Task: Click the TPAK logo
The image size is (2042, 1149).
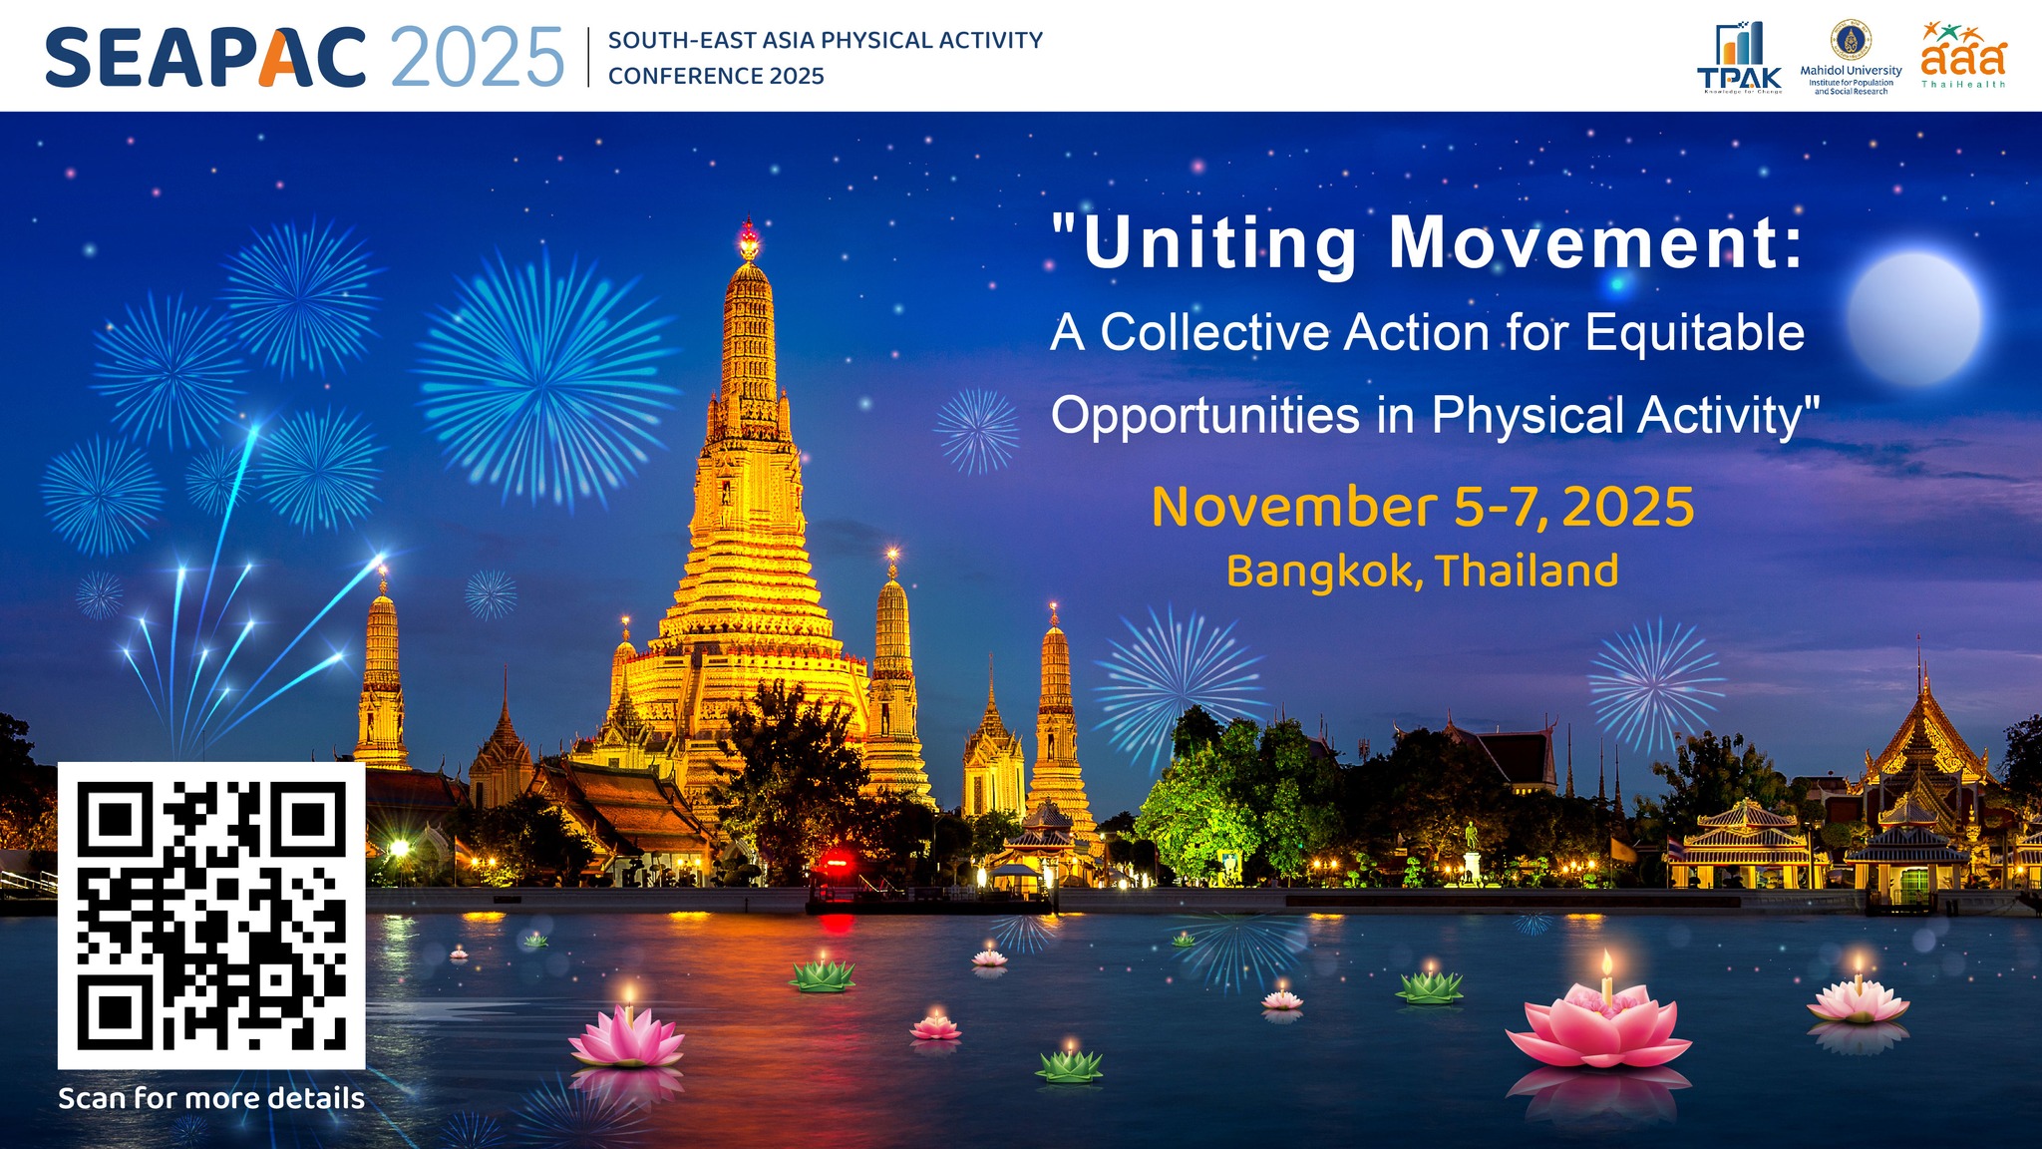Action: click(1739, 59)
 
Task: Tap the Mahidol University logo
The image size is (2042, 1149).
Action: click(1851, 58)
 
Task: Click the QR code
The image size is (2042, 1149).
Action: click(211, 915)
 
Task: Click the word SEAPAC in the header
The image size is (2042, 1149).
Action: click(205, 58)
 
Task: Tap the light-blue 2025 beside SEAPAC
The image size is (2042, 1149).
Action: click(478, 58)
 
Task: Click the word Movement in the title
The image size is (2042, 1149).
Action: click(1595, 242)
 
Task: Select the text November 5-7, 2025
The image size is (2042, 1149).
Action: click(1423, 507)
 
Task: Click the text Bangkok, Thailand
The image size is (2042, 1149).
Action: click(1422, 572)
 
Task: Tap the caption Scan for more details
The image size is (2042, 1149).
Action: click(211, 1098)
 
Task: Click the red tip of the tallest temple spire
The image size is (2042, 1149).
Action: click(748, 239)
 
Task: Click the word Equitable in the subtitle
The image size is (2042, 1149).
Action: click(1694, 332)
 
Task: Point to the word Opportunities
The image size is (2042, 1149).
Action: click(1204, 415)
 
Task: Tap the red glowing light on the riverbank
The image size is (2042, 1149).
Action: click(836, 860)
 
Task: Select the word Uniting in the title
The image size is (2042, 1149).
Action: click(1219, 242)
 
